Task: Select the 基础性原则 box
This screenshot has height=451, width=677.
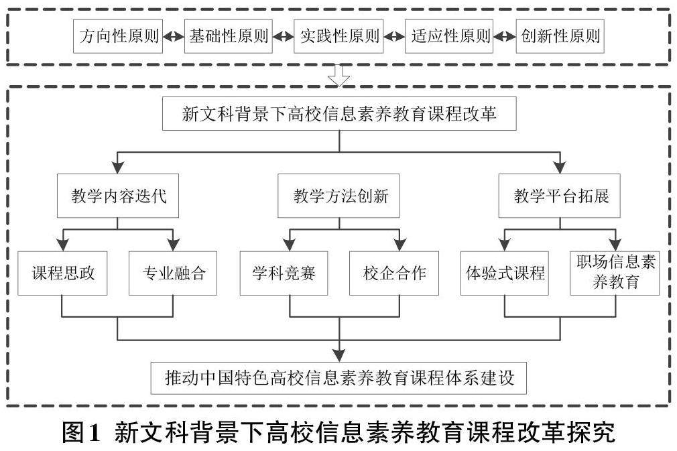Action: click(x=229, y=36)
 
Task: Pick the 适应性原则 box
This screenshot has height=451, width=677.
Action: click(x=448, y=36)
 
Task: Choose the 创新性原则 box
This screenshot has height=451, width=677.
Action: click(x=560, y=36)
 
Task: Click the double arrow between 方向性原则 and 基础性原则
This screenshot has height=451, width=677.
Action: click(x=173, y=37)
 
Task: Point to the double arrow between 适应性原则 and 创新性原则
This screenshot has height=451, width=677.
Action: click(x=504, y=37)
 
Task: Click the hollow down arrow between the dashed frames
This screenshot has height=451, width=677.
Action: click(x=339, y=76)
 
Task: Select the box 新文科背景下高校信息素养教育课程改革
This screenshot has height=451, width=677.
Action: click(x=339, y=113)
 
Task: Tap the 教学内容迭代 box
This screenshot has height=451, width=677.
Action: click(x=118, y=196)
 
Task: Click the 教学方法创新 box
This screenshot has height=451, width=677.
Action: click(x=339, y=196)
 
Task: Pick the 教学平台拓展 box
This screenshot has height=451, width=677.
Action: click(x=561, y=196)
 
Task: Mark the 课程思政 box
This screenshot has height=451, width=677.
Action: click(x=62, y=273)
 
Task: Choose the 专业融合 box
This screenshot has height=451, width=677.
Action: click(x=173, y=273)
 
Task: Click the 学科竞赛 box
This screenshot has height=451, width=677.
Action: click(x=284, y=273)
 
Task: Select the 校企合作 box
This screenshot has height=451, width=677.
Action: click(x=394, y=273)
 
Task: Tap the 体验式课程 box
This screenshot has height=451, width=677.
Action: click(x=505, y=273)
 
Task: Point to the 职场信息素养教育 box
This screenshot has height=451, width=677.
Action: click(x=615, y=273)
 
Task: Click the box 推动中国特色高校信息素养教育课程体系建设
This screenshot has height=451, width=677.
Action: click(x=339, y=377)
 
